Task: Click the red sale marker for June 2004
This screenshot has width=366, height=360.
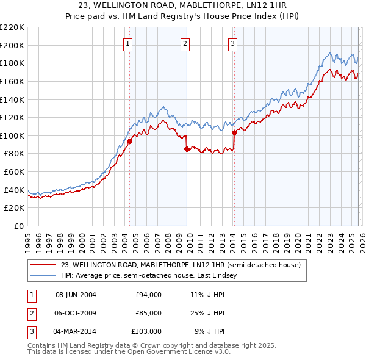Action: click(x=129, y=141)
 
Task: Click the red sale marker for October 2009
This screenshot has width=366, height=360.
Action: click(x=187, y=149)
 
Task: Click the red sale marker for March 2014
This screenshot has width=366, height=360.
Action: click(x=234, y=132)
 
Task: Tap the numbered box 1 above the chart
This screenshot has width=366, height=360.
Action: click(x=129, y=43)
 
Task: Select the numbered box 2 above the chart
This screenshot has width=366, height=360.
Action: click(x=185, y=43)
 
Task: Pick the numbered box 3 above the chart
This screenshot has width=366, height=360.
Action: click(x=233, y=43)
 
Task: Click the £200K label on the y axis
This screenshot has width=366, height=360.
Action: click(x=12, y=45)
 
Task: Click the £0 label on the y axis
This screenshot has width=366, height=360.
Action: click(x=18, y=226)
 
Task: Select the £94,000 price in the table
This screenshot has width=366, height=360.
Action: click(x=148, y=295)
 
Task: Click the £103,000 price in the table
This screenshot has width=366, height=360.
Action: click(x=146, y=331)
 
